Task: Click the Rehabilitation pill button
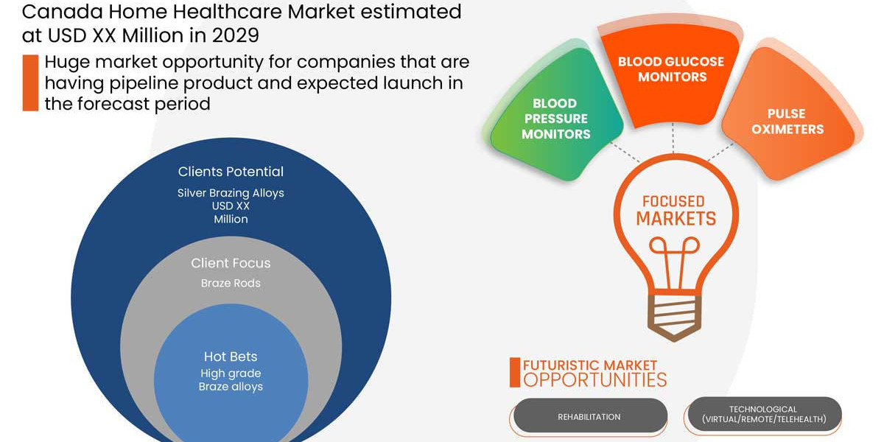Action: click(x=590, y=416)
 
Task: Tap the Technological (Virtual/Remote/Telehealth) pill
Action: click(x=765, y=414)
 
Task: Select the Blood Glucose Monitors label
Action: click(x=671, y=69)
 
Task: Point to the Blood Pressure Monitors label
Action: click(x=555, y=119)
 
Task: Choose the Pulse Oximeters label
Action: click(x=787, y=121)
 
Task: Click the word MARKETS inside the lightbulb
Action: click(x=676, y=219)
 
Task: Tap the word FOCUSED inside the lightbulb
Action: click(x=673, y=201)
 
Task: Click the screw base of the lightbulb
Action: click(x=674, y=317)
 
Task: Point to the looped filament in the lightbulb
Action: click(x=674, y=262)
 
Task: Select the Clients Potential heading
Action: click(x=231, y=172)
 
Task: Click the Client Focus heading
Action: click(x=231, y=263)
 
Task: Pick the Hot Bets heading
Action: click(x=231, y=357)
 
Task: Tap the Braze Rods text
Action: click(x=231, y=283)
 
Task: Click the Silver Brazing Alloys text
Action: click(x=231, y=193)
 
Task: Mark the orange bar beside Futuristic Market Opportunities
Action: click(x=515, y=373)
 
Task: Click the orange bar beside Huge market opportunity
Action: click(x=30, y=83)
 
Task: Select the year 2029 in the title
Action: click(x=235, y=35)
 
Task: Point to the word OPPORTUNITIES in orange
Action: click(x=594, y=380)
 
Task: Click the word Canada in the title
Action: click(x=62, y=12)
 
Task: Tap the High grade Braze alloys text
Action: click(x=231, y=379)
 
